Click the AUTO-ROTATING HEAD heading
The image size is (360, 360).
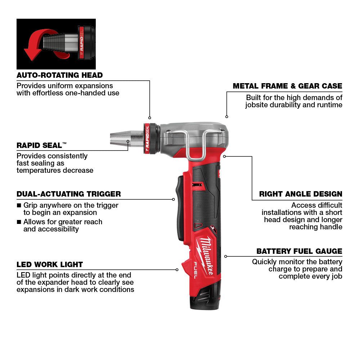coord(59,75)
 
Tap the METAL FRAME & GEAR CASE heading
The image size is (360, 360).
coord(287,86)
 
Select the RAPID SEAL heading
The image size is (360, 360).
coord(41,145)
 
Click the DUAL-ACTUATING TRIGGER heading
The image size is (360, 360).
coord(68,194)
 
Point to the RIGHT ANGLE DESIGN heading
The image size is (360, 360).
coord(301,194)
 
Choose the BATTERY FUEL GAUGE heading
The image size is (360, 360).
coord(299,251)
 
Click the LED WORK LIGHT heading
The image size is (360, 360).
coord(50,265)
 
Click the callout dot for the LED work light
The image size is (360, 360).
coord(177,269)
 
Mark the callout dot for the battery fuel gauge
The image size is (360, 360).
coord(226,256)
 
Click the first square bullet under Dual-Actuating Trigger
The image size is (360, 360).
coord(19,206)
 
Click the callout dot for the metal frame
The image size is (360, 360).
coord(226,116)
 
